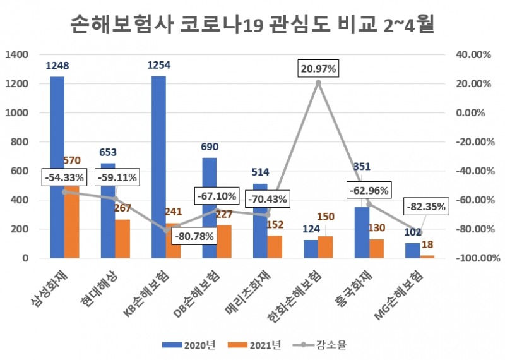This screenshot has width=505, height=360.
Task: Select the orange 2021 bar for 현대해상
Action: point(122,239)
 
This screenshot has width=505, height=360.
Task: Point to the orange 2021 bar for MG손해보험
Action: point(427,256)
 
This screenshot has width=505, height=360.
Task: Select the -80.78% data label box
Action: point(194,237)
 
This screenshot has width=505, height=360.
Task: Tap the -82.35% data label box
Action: point(426,206)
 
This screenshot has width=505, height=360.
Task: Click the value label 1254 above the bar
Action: point(158,65)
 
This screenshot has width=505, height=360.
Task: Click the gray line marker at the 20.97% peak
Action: point(318,83)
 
